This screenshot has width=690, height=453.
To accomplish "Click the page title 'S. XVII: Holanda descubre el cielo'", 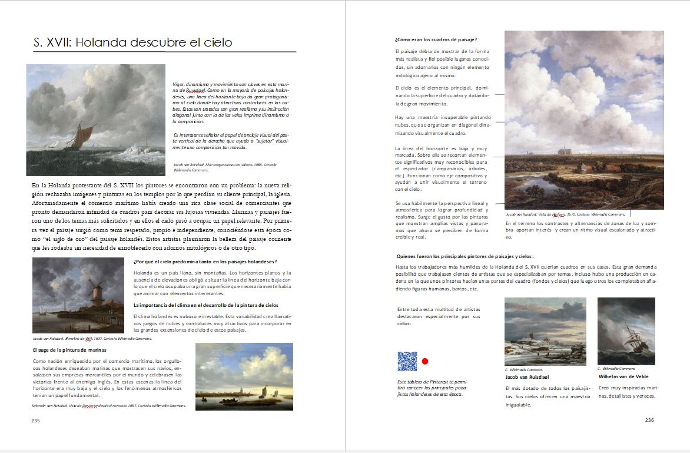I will coord(132,42).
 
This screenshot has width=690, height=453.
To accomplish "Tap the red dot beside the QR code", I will coord(425,361).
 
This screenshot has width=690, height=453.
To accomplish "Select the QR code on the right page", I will coord(407,361).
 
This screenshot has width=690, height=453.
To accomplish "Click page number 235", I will coord(35,421).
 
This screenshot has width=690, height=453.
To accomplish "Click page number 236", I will coord(649,420).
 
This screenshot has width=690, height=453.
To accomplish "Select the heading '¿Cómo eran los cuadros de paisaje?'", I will coord(436,39).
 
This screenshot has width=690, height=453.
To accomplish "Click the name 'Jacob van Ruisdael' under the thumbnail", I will coord(527,377).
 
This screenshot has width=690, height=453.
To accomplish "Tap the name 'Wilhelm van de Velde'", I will coord(623,376).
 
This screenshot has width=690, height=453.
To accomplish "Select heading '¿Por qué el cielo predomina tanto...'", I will coord(205,262).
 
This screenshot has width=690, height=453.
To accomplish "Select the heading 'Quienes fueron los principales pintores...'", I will coord(465,256).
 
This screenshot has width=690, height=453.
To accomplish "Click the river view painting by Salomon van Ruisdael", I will coord(244,376).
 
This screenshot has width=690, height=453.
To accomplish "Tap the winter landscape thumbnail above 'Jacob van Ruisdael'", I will coord(545,331).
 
